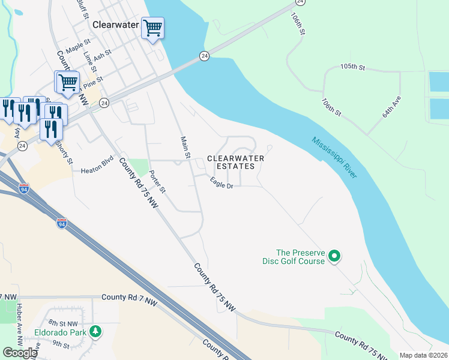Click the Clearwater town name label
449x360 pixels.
(x=116, y=26)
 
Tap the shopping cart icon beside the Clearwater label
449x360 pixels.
(x=152, y=28)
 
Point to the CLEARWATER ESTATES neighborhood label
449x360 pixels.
(x=235, y=162)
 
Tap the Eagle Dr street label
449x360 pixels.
(x=221, y=183)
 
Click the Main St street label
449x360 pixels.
(x=185, y=148)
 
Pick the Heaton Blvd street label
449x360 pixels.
(x=97, y=171)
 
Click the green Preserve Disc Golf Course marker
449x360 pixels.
(x=335, y=257)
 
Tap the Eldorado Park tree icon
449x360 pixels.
(x=95, y=331)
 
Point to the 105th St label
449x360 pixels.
(x=352, y=67)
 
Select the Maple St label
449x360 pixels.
(x=77, y=47)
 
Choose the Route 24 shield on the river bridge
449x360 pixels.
(x=205, y=56)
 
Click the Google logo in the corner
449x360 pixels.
(x=20, y=352)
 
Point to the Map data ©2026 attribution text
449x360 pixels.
(x=423, y=355)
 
